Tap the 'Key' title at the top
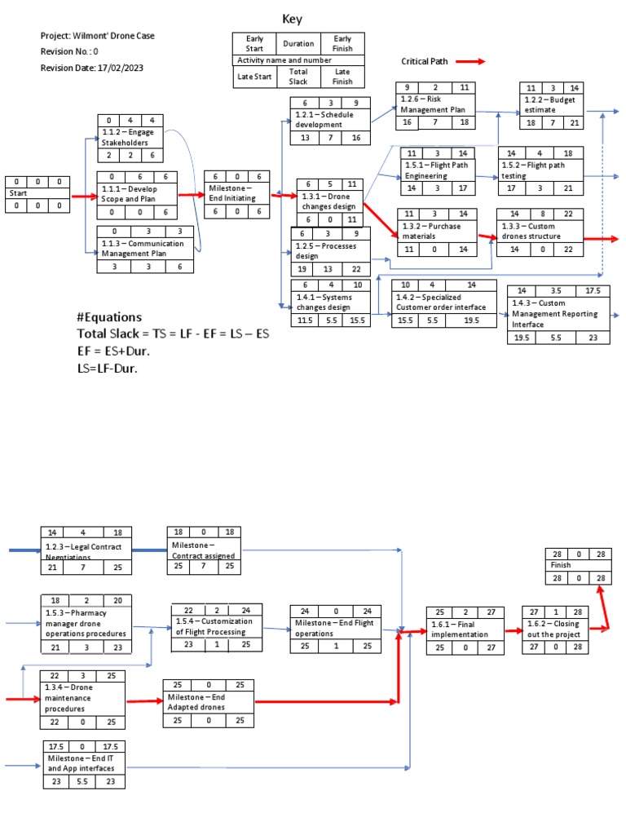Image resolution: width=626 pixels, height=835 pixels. [293, 19]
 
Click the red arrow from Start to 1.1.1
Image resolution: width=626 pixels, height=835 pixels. [83, 196]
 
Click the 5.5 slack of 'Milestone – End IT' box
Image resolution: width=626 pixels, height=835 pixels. [85, 781]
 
